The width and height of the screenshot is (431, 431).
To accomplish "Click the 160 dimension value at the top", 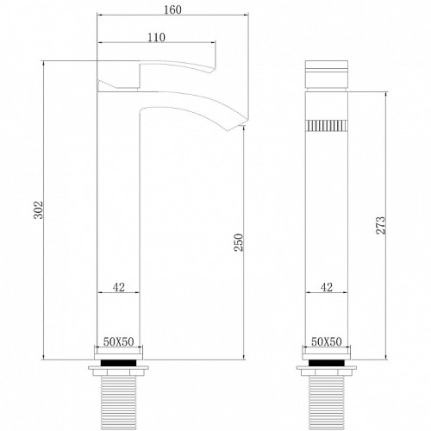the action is point(172,9).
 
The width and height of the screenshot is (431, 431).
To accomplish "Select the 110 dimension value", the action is point(156,37).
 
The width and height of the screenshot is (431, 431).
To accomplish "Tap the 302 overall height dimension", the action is point(38,210).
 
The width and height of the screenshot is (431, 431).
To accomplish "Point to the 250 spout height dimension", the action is point(238,242).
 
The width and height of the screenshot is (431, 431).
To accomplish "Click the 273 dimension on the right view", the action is point(381,226).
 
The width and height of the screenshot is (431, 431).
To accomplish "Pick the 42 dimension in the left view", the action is point(119,287).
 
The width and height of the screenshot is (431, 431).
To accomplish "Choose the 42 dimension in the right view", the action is point(327,287).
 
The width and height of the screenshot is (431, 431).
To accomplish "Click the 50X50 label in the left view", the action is point(119,341).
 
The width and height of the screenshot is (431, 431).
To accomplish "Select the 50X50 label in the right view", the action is point(327,341).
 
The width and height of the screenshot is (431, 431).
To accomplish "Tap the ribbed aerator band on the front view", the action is point(327,126).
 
